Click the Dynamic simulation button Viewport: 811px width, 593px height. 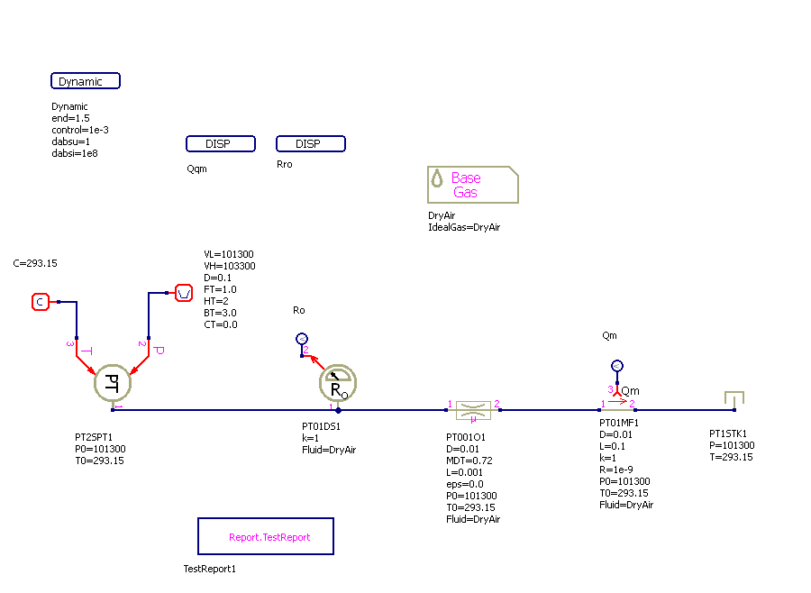(x=86, y=81)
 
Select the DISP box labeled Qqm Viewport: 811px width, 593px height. (x=221, y=144)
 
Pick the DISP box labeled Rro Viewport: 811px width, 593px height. (x=311, y=144)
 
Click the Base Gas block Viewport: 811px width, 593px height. (x=472, y=185)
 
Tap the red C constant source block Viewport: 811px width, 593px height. (x=40, y=302)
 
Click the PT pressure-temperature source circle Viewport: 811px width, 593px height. (x=113, y=382)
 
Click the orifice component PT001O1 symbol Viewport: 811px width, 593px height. (x=473, y=411)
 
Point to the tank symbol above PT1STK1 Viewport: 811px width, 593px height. (x=734, y=399)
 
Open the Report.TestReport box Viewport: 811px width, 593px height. (x=266, y=536)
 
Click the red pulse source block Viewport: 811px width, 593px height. (x=183, y=293)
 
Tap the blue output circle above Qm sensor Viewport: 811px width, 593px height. (x=617, y=366)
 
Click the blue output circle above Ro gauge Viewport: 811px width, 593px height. (x=302, y=339)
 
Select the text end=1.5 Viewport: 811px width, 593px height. (x=71, y=118)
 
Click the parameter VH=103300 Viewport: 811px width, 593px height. (x=230, y=266)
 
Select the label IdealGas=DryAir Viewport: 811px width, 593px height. (x=464, y=227)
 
